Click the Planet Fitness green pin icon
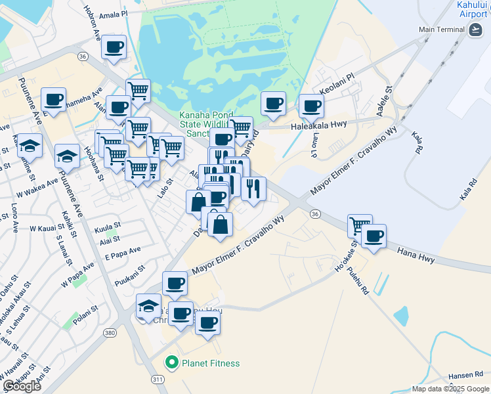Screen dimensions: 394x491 click(172, 362)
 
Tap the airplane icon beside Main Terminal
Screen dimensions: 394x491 click(475, 30)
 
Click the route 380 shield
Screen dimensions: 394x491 click(110, 334)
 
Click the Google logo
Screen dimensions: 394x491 click(22, 386)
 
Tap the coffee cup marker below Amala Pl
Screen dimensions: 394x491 click(114, 48)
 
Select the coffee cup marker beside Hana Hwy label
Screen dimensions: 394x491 click(374, 236)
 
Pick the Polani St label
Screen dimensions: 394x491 click(85, 309)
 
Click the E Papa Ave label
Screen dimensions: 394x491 click(123, 252)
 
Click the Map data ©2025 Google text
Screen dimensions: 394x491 click(450, 389)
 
